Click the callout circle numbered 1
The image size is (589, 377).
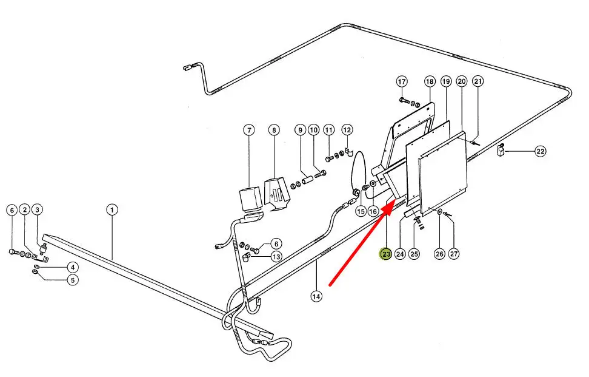point(111,210)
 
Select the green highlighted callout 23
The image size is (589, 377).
point(386,254)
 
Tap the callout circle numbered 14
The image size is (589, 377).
point(316,296)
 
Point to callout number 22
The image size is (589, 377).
point(541,152)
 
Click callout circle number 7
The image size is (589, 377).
point(248,130)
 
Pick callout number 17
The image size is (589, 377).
point(402,81)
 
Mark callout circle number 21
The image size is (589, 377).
point(478,81)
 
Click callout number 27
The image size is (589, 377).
point(454,254)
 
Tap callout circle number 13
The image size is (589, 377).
point(276,257)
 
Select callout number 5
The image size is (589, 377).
point(72,280)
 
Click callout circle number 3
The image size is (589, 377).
point(38,210)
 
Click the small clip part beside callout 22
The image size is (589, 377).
point(501,149)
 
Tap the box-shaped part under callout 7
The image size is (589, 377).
point(248,198)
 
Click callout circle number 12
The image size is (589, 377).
point(347,130)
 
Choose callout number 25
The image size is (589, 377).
point(414,254)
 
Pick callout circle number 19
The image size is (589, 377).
point(446,81)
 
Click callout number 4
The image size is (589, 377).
point(72,267)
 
